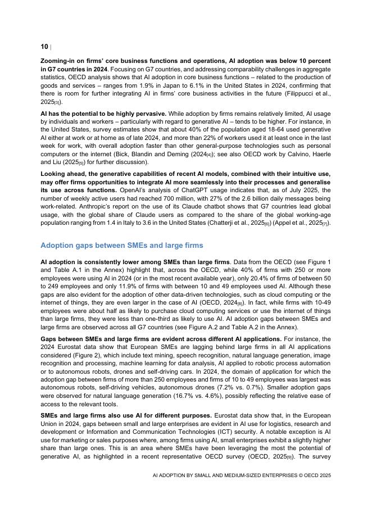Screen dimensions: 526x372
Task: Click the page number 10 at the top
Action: click(44, 46)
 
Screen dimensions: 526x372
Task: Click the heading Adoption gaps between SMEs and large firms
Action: click(121, 246)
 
